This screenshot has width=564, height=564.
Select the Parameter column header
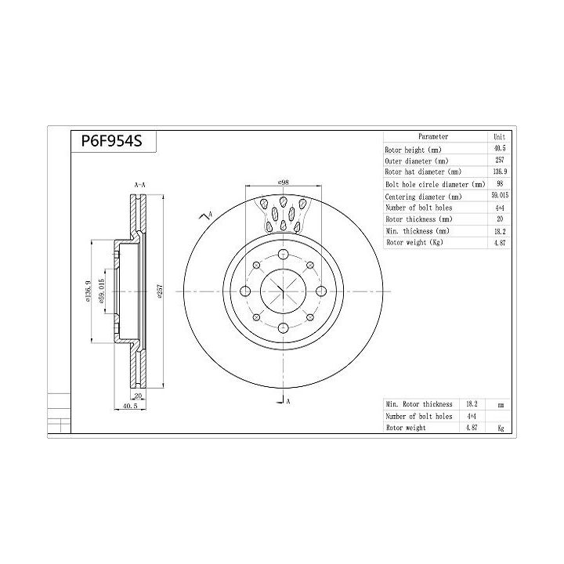tap(433, 136)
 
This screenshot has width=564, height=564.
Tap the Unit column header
tap(499, 136)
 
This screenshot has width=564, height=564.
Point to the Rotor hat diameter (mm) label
tap(423, 172)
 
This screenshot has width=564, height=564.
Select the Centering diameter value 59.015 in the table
tap(498, 197)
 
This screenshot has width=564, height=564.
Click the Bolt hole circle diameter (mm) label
tap(434, 185)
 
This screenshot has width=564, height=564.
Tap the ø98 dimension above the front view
tap(283, 183)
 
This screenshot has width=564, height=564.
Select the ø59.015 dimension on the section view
tap(101, 291)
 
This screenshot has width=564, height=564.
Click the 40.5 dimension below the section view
tap(130, 407)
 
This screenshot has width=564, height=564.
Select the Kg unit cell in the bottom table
tap(499, 428)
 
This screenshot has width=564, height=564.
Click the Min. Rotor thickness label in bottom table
tap(419, 403)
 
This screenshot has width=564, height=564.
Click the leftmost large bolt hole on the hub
tap(244, 291)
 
